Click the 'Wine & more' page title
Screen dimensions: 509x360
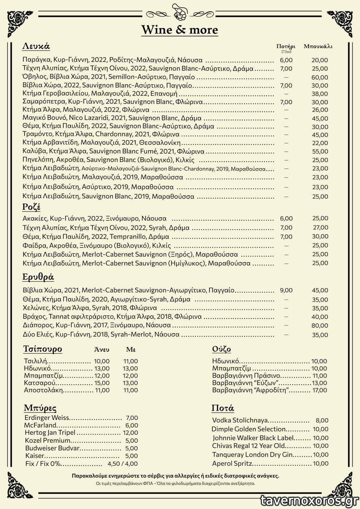click(x=180, y=30)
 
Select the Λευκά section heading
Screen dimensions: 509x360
click(x=36, y=46)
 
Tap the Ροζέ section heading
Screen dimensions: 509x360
click(x=31, y=207)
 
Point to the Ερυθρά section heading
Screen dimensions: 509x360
click(x=38, y=277)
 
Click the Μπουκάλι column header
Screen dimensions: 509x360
click(x=318, y=46)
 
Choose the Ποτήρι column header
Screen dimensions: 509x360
click(x=286, y=46)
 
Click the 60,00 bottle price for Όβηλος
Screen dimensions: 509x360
click(x=320, y=77)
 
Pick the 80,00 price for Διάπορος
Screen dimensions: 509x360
click(x=320, y=325)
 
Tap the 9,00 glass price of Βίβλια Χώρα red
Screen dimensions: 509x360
click(x=286, y=290)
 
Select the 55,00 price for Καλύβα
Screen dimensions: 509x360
click(x=320, y=151)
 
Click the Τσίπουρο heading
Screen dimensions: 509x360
click(x=43, y=349)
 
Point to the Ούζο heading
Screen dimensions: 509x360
click(x=222, y=349)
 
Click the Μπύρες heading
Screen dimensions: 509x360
click(x=40, y=408)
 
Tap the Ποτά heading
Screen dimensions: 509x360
click(x=223, y=408)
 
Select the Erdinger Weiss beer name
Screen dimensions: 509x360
click(x=47, y=418)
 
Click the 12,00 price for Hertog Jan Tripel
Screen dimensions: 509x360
click(x=130, y=433)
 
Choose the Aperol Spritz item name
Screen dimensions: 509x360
click(x=232, y=464)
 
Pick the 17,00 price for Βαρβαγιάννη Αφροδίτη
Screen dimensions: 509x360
click(x=320, y=390)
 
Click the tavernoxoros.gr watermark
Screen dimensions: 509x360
click(x=308, y=500)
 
